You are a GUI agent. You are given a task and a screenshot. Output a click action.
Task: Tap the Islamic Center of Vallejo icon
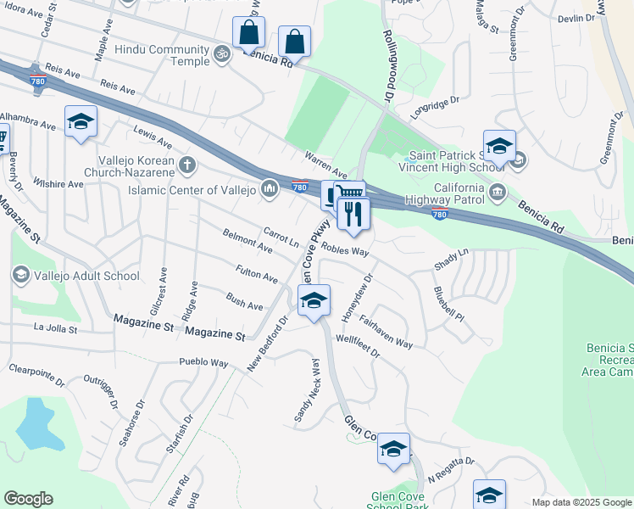[x=270, y=187]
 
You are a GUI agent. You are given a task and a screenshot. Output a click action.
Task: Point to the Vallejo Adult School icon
[x=20, y=275]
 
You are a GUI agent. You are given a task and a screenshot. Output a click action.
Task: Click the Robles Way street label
[x=345, y=252]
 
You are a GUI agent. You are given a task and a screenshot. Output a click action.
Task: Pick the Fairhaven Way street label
[x=386, y=332]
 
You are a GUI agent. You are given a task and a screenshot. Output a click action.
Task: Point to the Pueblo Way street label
[x=203, y=363]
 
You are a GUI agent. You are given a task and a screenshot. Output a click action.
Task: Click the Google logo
[x=28, y=499]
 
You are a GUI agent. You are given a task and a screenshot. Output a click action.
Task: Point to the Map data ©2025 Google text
[x=581, y=502]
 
